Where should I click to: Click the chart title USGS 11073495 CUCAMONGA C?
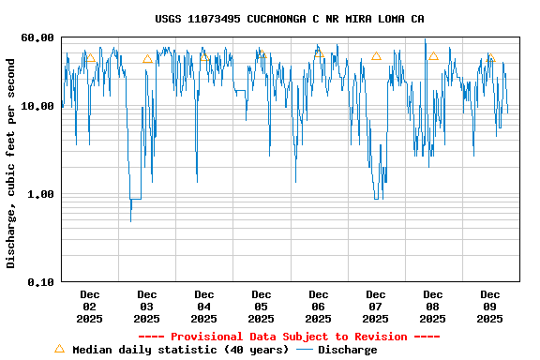289,19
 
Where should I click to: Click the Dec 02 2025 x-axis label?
90,307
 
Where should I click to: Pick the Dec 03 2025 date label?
147,307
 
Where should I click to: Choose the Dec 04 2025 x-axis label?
204,307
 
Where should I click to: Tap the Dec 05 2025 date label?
262,307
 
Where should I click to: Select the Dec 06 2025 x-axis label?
319,307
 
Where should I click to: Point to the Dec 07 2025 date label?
376,307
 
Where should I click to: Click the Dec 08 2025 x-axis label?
433,307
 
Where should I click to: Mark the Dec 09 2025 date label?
490,307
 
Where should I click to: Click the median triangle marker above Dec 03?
147,59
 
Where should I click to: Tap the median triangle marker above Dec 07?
376,56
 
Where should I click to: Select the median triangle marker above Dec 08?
433,56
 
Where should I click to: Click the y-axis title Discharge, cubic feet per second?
11,163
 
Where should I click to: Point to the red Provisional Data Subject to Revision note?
289,337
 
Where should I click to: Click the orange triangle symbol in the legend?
59,349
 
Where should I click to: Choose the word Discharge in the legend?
347,350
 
